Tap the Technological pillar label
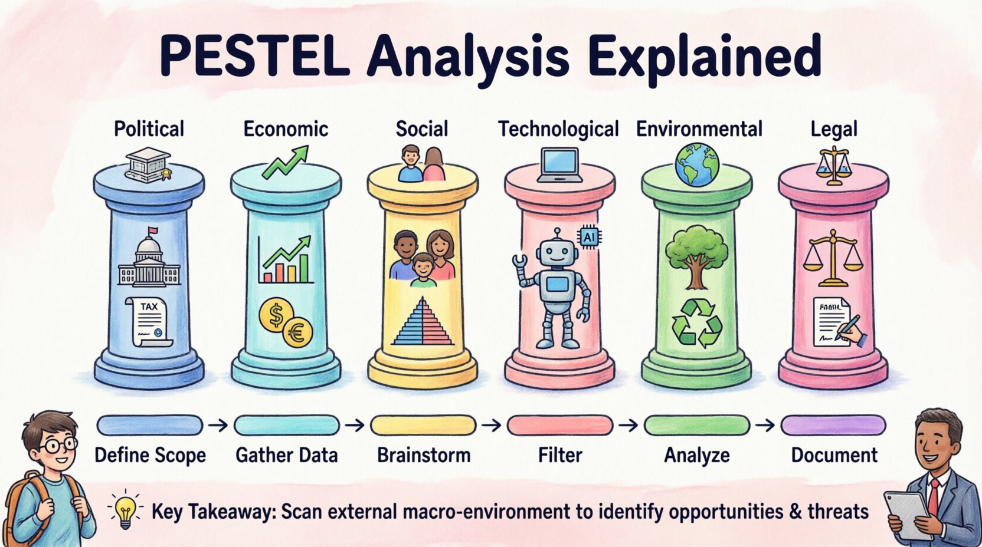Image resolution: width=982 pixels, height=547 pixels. coord(558,129)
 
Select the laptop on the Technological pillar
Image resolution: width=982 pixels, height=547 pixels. coord(559,164)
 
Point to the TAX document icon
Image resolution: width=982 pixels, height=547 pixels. coord(149,322)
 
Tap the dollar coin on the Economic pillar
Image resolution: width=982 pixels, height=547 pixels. coord(276,317)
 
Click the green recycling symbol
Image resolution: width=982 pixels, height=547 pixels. coord(698,322)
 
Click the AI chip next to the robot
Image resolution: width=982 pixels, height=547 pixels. coord(589,237)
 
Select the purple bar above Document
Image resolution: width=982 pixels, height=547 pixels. coord(833,425)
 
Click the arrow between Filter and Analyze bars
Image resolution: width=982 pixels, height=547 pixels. coord(629,425)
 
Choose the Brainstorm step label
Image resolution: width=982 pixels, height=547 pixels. coord(423,455)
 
